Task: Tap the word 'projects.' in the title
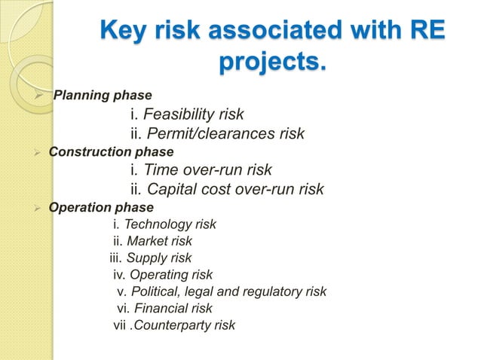coord(272,63)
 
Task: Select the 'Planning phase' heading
coord(103,96)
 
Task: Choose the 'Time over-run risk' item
coord(207,170)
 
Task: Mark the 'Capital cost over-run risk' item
coord(234,189)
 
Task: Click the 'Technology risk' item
coord(170,224)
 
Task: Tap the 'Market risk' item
coord(159,242)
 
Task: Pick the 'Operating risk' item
coord(171,275)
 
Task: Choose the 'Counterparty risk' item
coord(183,325)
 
